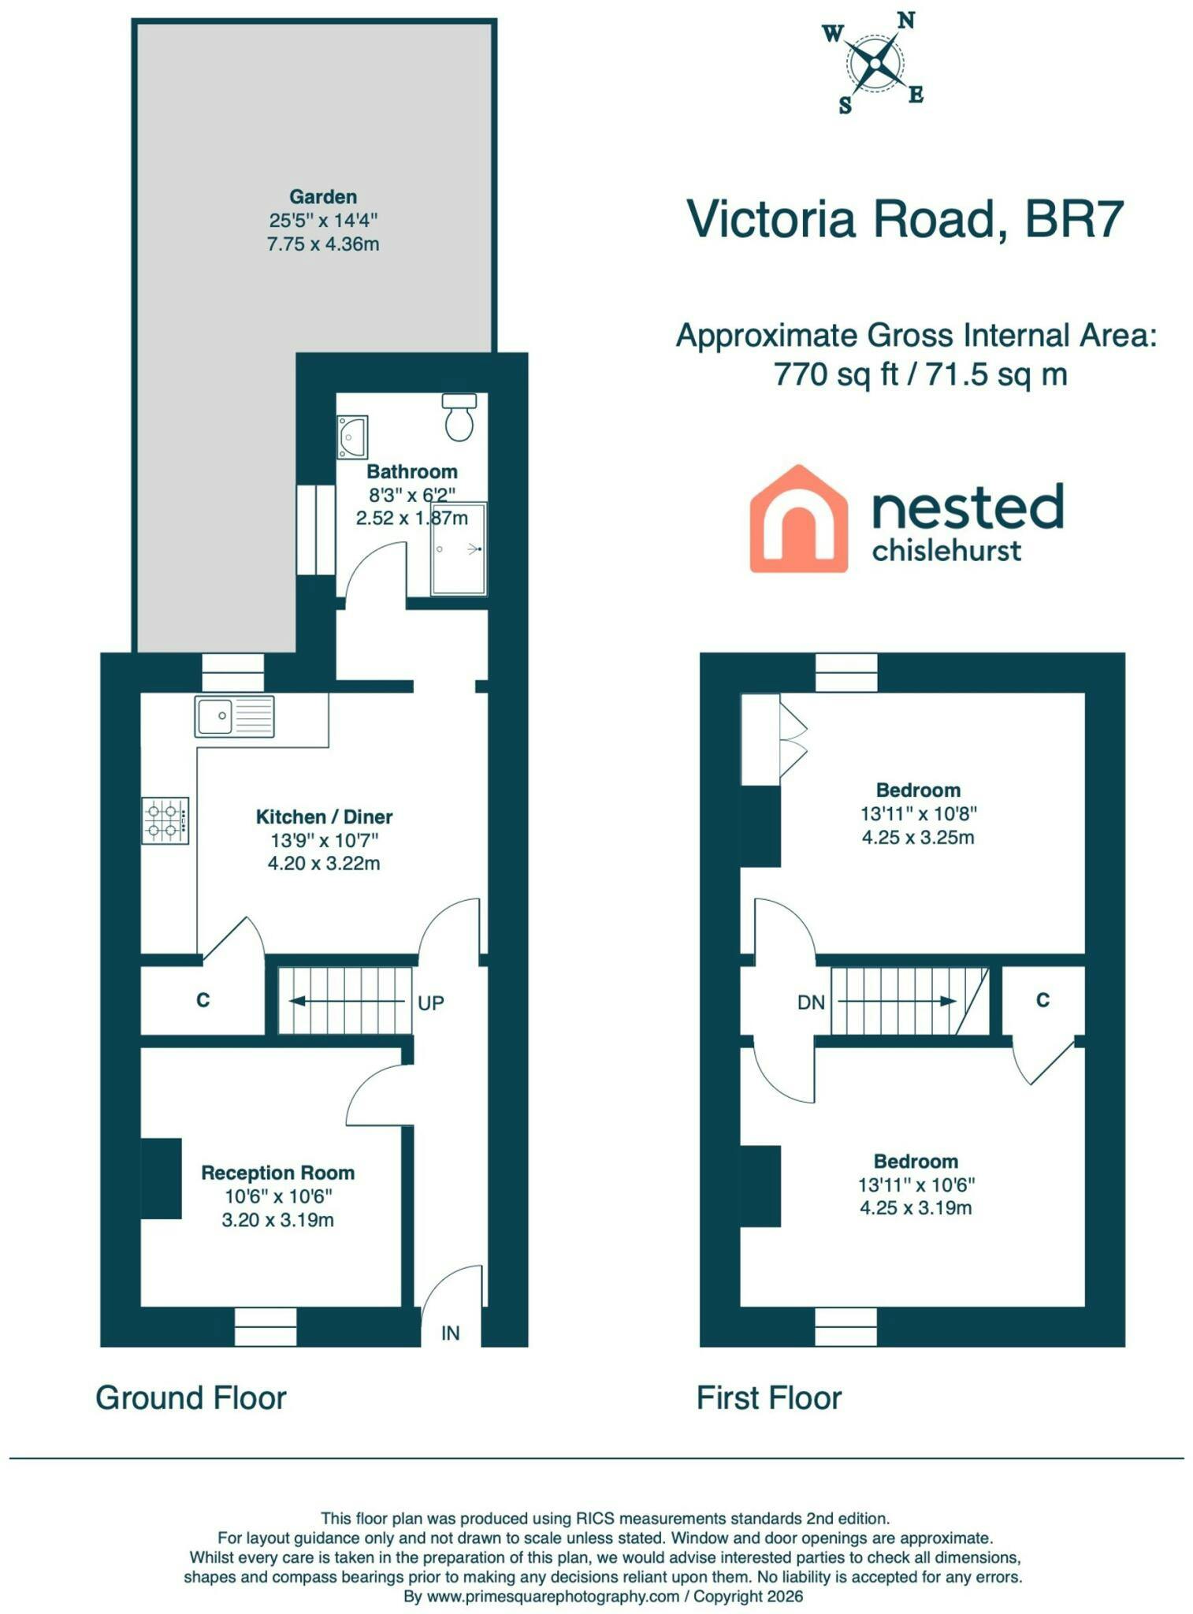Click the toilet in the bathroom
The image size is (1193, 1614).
(x=459, y=417)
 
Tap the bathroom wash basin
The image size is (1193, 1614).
(x=352, y=437)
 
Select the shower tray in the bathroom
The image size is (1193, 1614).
(x=459, y=549)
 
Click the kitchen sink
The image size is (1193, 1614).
(x=234, y=716)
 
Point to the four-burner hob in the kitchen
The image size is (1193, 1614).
(x=165, y=820)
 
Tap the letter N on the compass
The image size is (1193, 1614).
(x=906, y=21)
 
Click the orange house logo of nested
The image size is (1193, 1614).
(x=798, y=519)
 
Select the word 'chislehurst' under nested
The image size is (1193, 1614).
(x=946, y=550)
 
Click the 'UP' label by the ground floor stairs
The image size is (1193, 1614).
(x=431, y=1002)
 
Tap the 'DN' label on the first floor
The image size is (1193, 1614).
(x=811, y=1002)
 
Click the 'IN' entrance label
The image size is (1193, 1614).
(x=450, y=1333)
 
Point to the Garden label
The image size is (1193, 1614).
(x=323, y=196)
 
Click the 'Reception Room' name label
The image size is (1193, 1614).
(x=278, y=1173)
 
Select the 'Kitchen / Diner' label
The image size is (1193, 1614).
(x=325, y=816)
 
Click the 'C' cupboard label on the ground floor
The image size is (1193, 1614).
(x=203, y=1000)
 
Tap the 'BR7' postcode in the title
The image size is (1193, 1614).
(x=1073, y=218)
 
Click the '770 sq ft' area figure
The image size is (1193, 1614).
(x=837, y=374)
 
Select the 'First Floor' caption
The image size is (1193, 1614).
(x=769, y=1398)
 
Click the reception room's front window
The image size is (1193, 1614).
(x=266, y=1326)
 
